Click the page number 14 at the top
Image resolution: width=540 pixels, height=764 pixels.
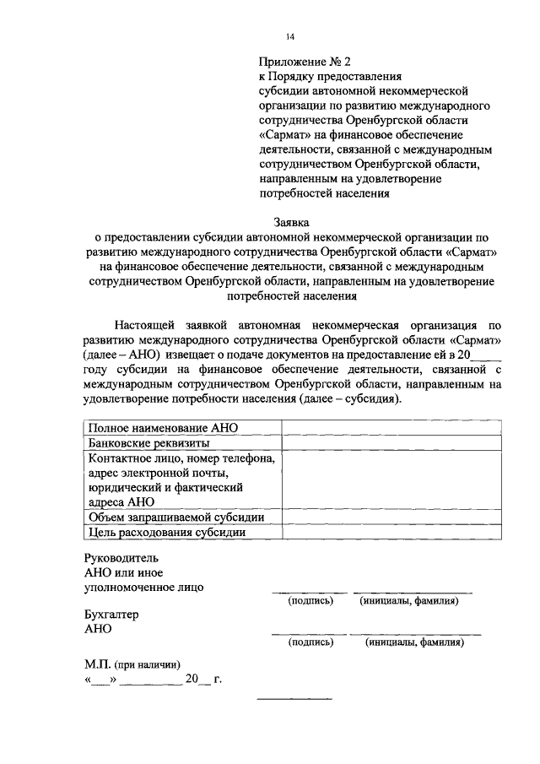click(289, 35)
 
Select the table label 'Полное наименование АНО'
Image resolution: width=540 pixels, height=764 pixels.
click(163, 429)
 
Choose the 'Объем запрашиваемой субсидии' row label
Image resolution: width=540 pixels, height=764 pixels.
click(176, 517)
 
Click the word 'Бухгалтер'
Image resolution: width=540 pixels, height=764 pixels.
click(111, 615)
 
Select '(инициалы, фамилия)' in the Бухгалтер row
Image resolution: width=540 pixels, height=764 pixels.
click(414, 642)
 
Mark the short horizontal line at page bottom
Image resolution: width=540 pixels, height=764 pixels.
click(294, 699)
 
